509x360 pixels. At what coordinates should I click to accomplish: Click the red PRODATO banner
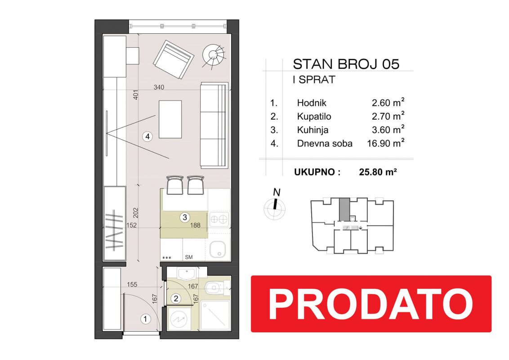(x=371, y=304)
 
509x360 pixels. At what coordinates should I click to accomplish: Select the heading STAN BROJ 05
(x=346, y=64)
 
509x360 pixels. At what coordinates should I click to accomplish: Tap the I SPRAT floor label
(x=313, y=80)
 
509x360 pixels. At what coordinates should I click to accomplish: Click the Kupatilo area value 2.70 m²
(x=388, y=116)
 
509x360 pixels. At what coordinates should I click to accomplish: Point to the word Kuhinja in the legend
(x=313, y=130)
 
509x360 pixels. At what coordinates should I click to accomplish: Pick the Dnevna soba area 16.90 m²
(x=386, y=143)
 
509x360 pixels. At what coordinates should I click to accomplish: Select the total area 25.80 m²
(x=378, y=171)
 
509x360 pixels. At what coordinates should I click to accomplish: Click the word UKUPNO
(x=317, y=172)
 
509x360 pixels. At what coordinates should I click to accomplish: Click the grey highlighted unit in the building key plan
(x=344, y=209)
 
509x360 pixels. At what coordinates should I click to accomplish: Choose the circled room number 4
(x=147, y=136)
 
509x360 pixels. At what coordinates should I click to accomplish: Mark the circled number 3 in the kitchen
(x=185, y=217)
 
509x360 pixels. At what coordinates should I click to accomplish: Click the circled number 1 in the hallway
(x=145, y=319)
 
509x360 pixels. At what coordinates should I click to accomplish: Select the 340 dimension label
(x=159, y=87)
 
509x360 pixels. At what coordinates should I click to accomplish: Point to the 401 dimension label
(x=136, y=94)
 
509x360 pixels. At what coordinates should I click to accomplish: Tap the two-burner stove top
(x=219, y=220)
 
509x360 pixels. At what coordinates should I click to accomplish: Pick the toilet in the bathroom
(x=216, y=288)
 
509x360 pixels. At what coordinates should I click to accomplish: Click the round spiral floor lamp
(x=214, y=55)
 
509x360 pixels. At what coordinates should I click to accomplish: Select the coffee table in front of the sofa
(x=170, y=119)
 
